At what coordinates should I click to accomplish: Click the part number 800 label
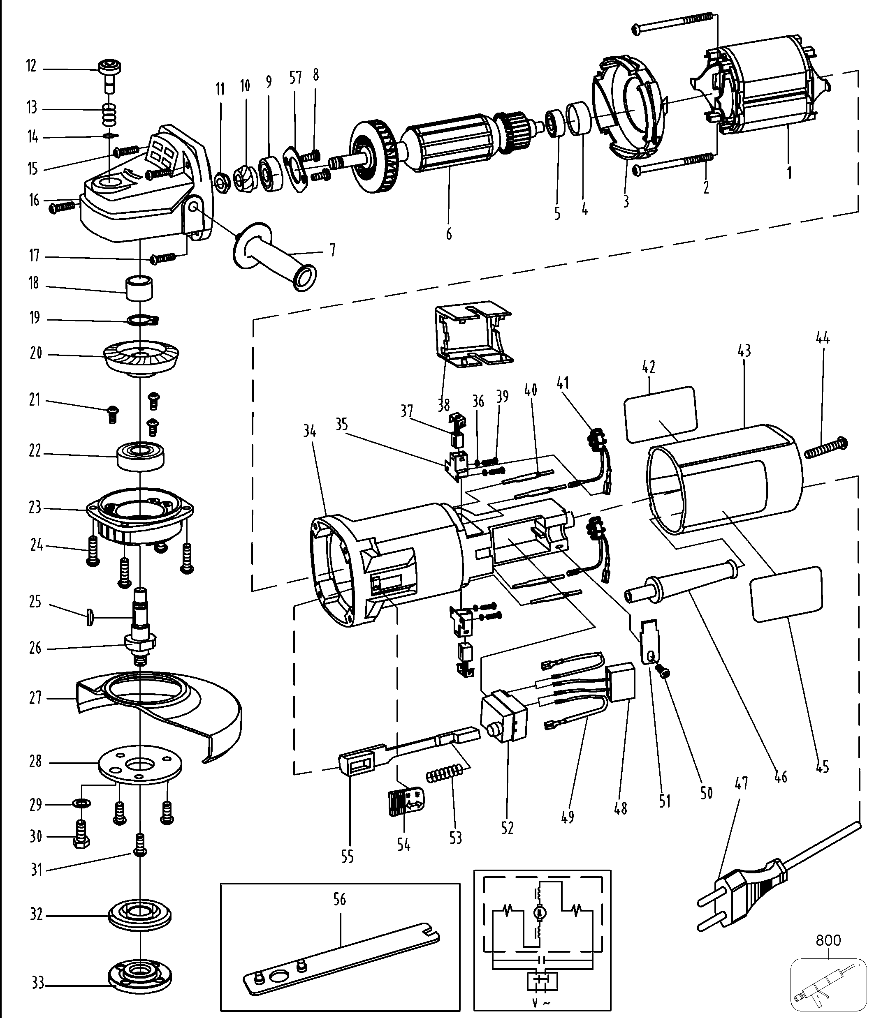[x=828, y=940]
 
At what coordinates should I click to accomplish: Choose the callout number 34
[x=309, y=432]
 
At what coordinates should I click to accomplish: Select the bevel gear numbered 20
[x=141, y=356]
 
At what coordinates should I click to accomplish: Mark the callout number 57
[x=295, y=78]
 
